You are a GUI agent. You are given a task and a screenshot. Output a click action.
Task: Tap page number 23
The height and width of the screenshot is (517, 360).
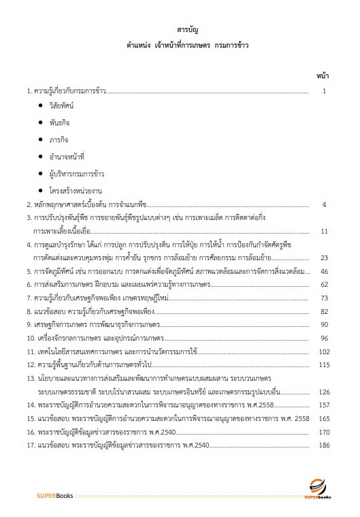point(325,257)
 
